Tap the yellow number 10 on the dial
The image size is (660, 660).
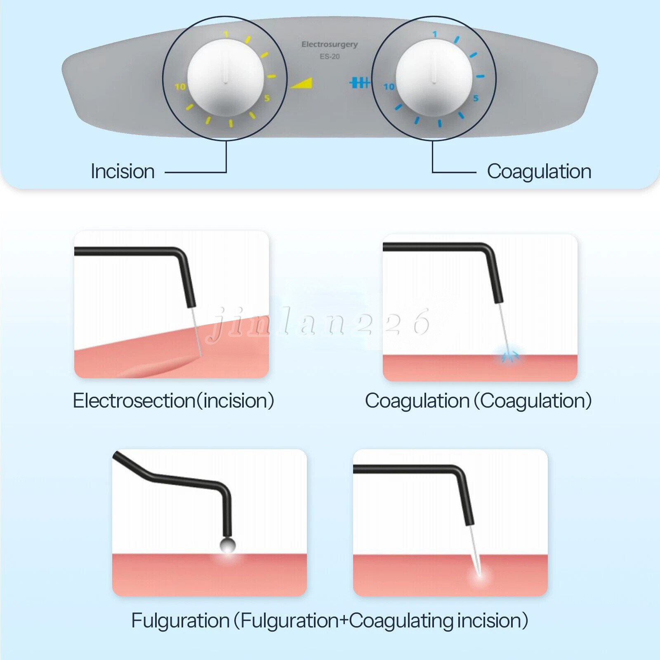(180, 87)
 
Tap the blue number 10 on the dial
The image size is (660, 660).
(389, 87)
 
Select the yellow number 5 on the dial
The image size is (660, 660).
(267, 98)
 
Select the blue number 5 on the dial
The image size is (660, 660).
(476, 98)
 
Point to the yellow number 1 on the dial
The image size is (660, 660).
(226, 34)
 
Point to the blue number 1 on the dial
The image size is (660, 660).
(434, 34)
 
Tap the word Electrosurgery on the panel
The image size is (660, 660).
(330, 45)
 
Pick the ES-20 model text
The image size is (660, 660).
(330, 57)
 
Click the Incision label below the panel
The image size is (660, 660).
(123, 172)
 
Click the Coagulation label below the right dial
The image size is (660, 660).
(539, 172)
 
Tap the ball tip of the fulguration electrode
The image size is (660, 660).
(227, 545)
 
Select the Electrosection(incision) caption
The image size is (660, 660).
(174, 401)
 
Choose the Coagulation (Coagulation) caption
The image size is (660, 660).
(478, 401)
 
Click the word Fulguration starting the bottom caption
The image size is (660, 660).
(180, 621)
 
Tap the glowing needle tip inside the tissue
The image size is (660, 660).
(480, 574)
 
